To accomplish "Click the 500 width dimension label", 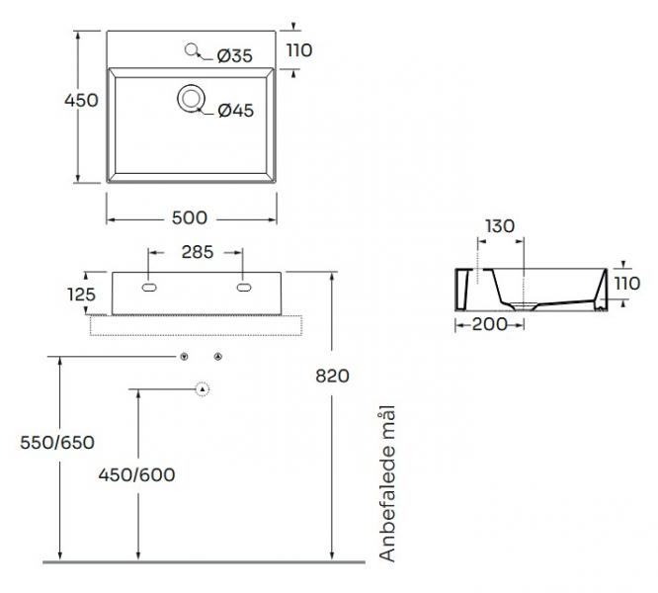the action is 190,217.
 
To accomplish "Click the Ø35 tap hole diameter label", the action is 235,55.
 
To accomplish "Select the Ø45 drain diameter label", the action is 236,111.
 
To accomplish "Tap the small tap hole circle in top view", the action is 191,49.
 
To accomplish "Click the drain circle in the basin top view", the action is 192,99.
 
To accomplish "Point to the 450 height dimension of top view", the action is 81,100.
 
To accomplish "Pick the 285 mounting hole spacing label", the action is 198,252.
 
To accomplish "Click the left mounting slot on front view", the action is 149,288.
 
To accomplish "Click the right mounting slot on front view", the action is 244,288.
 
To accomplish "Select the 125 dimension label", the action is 81,295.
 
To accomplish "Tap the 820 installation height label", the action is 332,376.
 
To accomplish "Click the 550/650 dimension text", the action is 57,443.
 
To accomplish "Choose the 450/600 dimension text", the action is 136,475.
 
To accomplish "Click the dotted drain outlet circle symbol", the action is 203,389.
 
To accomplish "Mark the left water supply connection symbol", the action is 184,357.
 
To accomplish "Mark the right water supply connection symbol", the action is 217,357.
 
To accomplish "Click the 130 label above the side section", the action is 500,226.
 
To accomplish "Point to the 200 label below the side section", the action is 489,324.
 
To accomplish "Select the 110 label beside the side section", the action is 627,284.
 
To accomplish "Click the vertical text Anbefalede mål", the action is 387,483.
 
